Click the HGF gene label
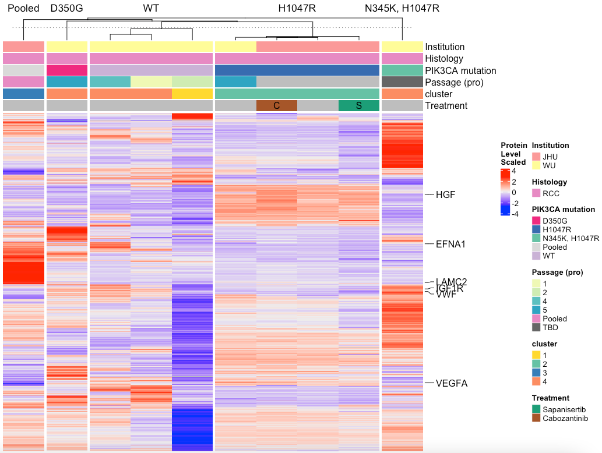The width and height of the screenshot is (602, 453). click(445, 194)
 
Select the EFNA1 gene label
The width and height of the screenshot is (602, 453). click(450, 244)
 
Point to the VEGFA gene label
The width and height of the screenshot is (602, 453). click(452, 383)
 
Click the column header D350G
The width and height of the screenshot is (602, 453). click(66, 8)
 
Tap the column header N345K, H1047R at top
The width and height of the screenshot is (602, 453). click(402, 8)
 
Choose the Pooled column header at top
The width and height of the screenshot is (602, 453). click(23, 8)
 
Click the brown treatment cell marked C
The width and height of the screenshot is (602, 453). click(277, 105)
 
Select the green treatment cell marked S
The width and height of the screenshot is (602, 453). click(359, 105)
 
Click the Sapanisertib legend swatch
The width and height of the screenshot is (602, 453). click(536, 409)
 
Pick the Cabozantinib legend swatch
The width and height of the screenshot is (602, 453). click(536, 418)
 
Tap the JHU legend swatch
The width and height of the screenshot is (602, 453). click(536, 157)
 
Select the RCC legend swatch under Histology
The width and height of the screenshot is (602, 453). click(536, 193)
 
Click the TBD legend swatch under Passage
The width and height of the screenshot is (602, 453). click(536, 327)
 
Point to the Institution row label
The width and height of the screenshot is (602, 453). click(445, 47)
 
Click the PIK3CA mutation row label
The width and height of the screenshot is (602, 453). click(460, 70)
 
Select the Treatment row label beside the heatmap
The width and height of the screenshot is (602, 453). click(446, 105)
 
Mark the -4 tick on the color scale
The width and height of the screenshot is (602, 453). click(515, 214)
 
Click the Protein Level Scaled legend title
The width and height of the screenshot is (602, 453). click(513, 154)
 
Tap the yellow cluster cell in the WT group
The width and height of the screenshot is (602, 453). click(192, 94)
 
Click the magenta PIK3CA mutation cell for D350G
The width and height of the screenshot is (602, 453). click(66, 70)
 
